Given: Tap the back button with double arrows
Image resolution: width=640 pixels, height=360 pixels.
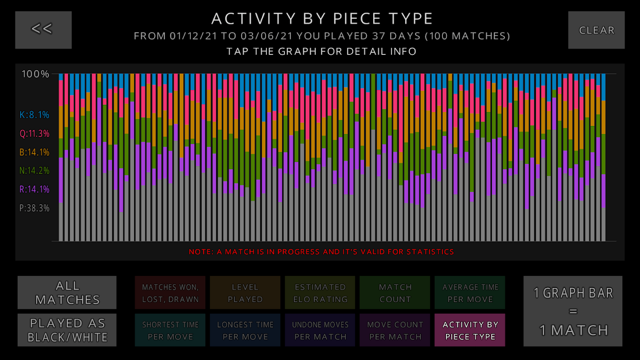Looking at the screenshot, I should [x=43, y=30].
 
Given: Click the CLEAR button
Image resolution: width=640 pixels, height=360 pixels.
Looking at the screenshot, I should [x=596, y=30].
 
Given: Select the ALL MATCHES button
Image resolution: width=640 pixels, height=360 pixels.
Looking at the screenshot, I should [x=67, y=292].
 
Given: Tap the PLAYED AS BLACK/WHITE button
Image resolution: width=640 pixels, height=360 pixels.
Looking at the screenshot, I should [x=67, y=330].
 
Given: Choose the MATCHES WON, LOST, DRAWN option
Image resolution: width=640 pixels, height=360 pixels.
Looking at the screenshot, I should [x=170, y=293].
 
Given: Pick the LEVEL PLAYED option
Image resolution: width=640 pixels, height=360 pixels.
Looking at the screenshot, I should [x=245, y=293].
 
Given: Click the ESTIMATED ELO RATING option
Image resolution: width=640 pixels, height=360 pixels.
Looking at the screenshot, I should [x=320, y=293].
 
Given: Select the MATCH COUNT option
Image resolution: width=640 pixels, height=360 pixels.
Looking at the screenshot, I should [x=395, y=293].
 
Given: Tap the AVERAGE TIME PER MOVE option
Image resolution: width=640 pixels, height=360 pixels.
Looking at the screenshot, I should [x=470, y=293].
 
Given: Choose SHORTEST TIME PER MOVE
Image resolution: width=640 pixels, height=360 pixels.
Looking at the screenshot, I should [x=170, y=330].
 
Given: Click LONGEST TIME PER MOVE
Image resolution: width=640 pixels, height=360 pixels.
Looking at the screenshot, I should [x=245, y=330].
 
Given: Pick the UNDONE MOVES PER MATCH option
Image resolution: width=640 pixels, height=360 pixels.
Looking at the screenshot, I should [x=320, y=330].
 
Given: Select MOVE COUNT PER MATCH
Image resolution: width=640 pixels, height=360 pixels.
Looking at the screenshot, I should [x=395, y=330].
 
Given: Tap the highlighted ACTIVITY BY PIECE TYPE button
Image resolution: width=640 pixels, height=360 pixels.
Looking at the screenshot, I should [x=470, y=330].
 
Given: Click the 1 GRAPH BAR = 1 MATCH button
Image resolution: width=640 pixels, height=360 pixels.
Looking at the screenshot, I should [x=573, y=311].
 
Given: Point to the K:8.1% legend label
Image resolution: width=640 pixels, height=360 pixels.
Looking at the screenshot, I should [x=34, y=115].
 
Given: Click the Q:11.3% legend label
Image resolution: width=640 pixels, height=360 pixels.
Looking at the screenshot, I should [x=34, y=134].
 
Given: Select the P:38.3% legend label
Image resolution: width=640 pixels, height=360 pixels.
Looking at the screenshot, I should [x=34, y=208].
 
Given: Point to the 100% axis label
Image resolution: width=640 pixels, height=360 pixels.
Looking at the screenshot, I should [x=35, y=74].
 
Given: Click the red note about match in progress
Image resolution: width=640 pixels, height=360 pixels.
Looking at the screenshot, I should [x=321, y=252].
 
